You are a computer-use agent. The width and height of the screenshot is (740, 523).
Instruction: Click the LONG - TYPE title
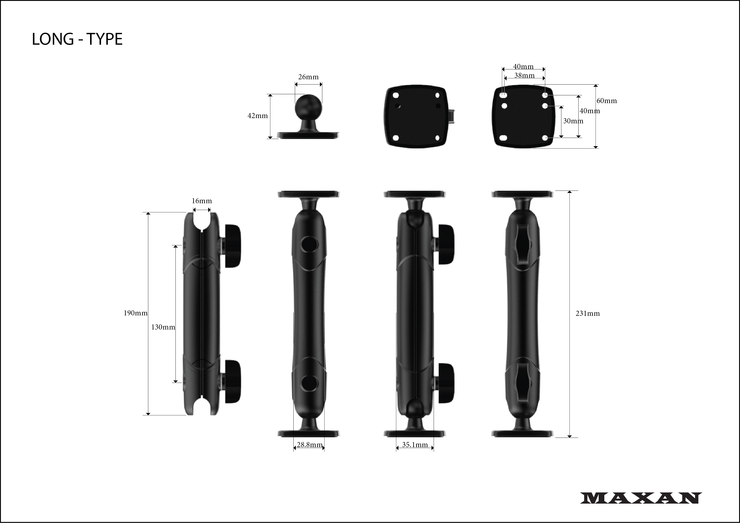(77, 39)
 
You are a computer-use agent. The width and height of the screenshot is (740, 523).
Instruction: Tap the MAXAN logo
(641, 498)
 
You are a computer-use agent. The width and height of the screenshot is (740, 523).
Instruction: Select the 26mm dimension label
(308, 77)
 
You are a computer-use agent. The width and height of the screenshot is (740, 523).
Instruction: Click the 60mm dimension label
(606, 101)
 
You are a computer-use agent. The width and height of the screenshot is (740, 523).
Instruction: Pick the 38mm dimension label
(524, 75)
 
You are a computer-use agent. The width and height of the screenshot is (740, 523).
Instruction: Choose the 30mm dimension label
(573, 121)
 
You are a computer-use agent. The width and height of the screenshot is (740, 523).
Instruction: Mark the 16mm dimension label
(202, 201)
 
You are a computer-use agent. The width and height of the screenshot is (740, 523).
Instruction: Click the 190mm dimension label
(136, 313)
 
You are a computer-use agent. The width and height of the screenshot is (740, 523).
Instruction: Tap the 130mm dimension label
(163, 327)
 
